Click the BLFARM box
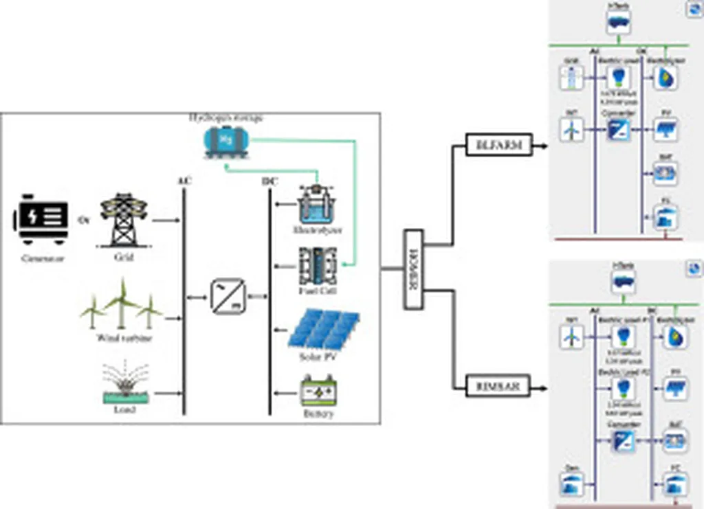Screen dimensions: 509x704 [499, 146]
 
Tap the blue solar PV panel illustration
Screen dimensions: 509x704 [323, 330]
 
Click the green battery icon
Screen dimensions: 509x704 [318, 392]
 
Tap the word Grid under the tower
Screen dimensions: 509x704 [124, 258]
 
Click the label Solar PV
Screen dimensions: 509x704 [317, 359]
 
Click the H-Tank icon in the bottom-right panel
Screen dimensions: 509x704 [623, 280]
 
